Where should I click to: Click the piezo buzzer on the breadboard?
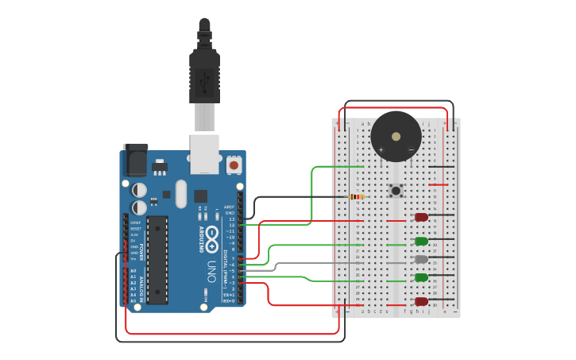(396, 136)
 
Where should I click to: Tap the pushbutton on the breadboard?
(396, 191)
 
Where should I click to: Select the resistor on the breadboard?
(357, 196)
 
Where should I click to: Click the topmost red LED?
(421, 217)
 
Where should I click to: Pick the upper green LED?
(421, 241)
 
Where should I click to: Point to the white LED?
(421, 259)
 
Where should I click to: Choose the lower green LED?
(421, 277)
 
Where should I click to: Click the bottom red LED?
(421, 301)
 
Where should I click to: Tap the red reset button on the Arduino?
(234, 165)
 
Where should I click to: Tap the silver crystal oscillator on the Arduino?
(180, 194)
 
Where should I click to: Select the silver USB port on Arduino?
(204, 153)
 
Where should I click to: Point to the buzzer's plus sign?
(381, 149)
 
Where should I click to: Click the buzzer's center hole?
(396, 136)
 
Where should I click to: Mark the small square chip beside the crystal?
(200, 195)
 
